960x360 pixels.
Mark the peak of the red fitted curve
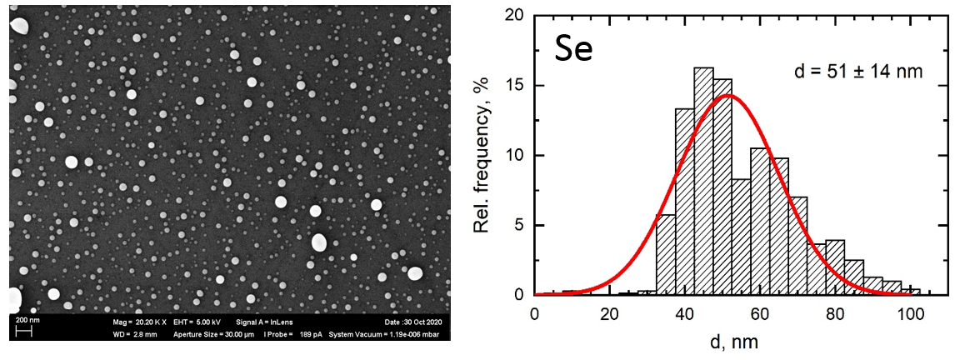pyautogui.click(x=727, y=95)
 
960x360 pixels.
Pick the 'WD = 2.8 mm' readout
pyautogui.click(x=128, y=334)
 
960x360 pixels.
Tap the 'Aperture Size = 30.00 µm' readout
pyautogui.click(x=207, y=334)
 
